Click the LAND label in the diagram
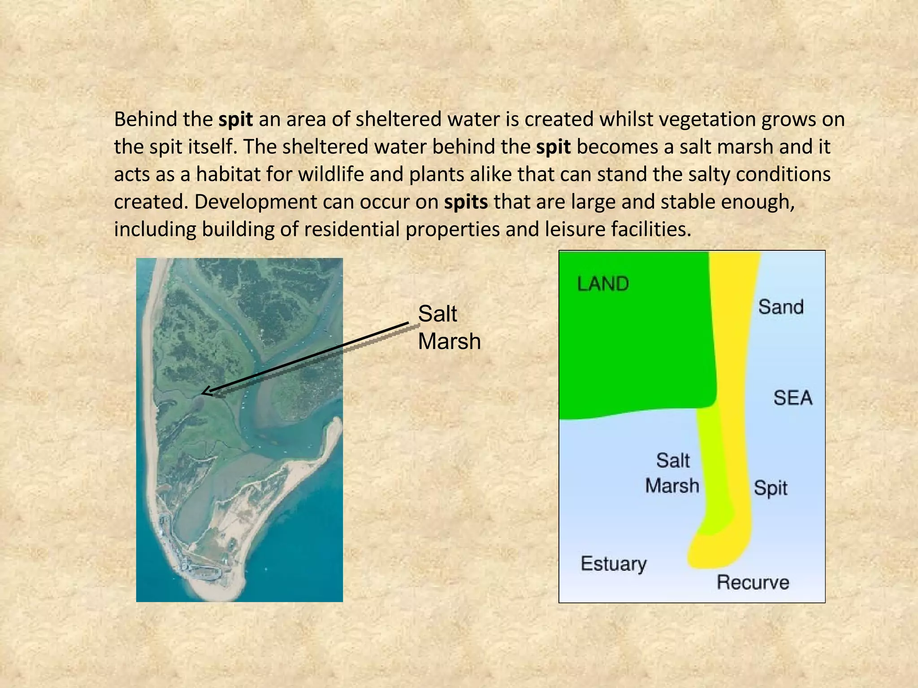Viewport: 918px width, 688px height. click(603, 284)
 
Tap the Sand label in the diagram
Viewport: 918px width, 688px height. click(780, 307)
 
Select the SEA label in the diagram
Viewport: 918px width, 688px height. click(792, 398)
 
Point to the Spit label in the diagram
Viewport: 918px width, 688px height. click(770, 488)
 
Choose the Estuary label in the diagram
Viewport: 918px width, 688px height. click(613, 564)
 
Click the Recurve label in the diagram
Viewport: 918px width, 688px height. click(753, 582)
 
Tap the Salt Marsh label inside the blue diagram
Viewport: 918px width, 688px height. click(672, 473)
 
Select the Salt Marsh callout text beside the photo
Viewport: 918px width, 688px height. click(449, 327)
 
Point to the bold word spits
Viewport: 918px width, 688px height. click(466, 202)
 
